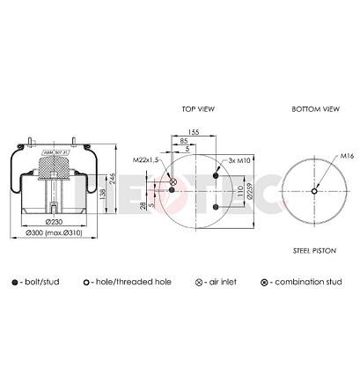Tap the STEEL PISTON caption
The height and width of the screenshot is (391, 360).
click(314, 251)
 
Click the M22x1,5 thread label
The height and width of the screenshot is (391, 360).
click(145, 160)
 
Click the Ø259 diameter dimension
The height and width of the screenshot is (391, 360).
click(250, 193)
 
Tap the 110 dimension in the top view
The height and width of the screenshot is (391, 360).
click(239, 190)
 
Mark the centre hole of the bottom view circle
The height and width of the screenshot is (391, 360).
click(314, 189)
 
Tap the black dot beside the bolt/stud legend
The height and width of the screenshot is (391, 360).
click(16, 282)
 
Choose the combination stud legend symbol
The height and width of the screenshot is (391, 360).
click(264, 282)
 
